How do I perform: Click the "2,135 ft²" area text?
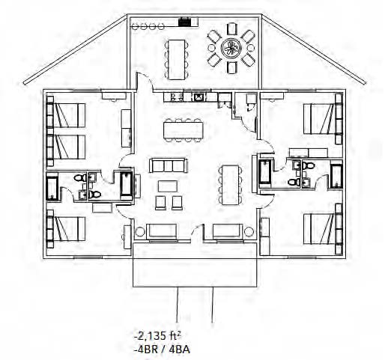click(x=158, y=336)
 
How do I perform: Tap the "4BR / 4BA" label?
click(x=162, y=350)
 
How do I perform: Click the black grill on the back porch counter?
click(x=185, y=21)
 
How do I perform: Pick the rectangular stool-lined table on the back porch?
click(x=177, y=59)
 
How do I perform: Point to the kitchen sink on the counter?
click(x=199, y=97)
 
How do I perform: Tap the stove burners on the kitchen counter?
click(x=177, y=97)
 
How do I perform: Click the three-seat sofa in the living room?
click(x=168, y=165)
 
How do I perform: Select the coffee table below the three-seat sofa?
click(x=168, y=186)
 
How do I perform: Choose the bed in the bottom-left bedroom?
click(x=69, y=229)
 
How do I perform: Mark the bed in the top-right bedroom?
click(x=319, y=119)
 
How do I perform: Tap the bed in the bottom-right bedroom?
click(x=319, y=228)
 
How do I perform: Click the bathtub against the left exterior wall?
click(x=52, y=186)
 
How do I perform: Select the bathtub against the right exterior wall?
click(x=336, y=176)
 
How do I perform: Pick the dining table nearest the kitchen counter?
click(x=184, y=129)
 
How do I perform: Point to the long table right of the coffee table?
click(x=230, y=185)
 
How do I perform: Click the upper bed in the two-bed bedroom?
click(x=69, y=115)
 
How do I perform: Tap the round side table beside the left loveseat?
click(x=140, y=232)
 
